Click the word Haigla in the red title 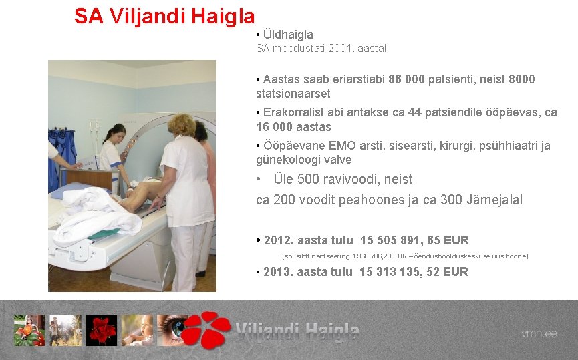(x=223, y=16)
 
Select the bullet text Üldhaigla (x=288, y=34)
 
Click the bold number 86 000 (x=406, y=79)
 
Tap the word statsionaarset (x=293, y=94)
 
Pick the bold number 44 (x=414, y=112)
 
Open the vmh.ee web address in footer (x=539, y=333)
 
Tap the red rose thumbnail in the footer (x=101, y=330)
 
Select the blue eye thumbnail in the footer (x=172, y=330)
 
